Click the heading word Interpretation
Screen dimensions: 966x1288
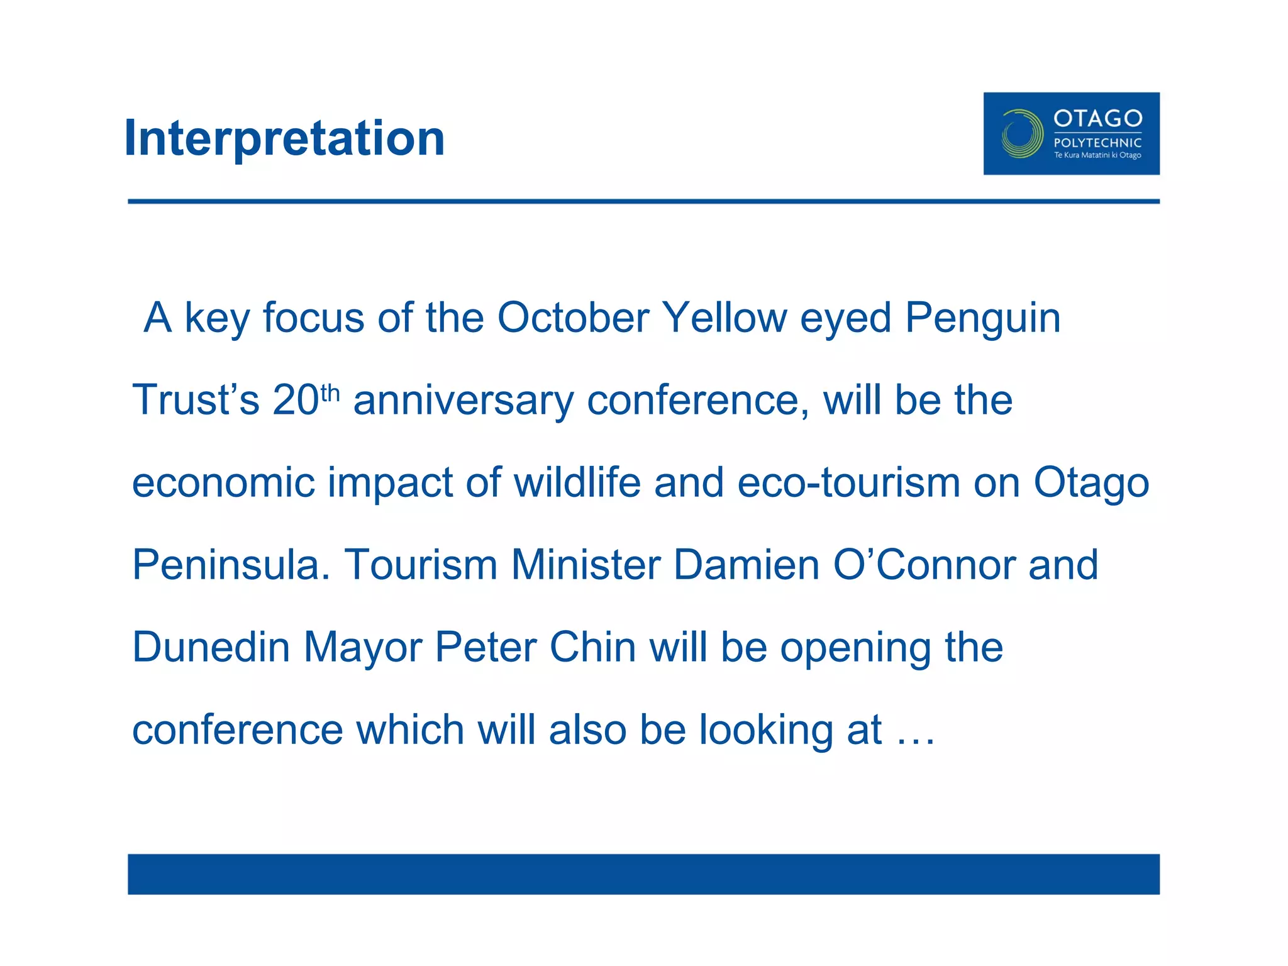click(284, 138)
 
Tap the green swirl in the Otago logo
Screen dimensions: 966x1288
click(1021, 133)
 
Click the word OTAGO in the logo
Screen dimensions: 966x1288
click(1097, 118)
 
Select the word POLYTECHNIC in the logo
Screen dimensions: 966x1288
click(1097, 143)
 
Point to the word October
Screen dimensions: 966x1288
click(573, 318)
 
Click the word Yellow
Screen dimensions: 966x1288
click(724, 318)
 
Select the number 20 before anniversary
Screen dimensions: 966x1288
click(296, 400)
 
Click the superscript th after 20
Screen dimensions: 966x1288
click(330, 393)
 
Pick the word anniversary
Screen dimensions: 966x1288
click(464, 401)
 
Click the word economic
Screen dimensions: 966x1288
click(223, 483)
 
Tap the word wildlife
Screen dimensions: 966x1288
click(577, 483)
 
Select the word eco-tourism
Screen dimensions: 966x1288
click(848, 483)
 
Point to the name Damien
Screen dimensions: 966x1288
click(747, 565)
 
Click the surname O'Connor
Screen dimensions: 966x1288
click(923, 565)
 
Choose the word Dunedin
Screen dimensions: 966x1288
click(211, 647)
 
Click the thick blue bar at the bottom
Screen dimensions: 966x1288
click(643, 874)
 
